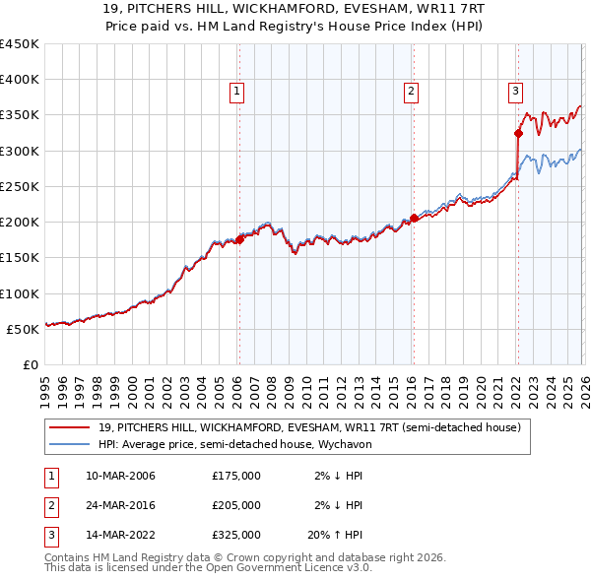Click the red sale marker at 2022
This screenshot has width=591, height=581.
[x=518, y=133]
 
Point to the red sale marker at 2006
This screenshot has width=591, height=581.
[x=239, y=239]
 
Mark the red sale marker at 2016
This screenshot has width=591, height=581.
[x=414, y=219]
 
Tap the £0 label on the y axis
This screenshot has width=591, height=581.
[x=30, y=364]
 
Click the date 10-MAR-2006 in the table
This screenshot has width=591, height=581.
[x=121, y=476]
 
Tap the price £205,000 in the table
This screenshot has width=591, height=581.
[x=236, y=505]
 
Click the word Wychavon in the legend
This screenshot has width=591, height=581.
[x=342, y=444]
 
